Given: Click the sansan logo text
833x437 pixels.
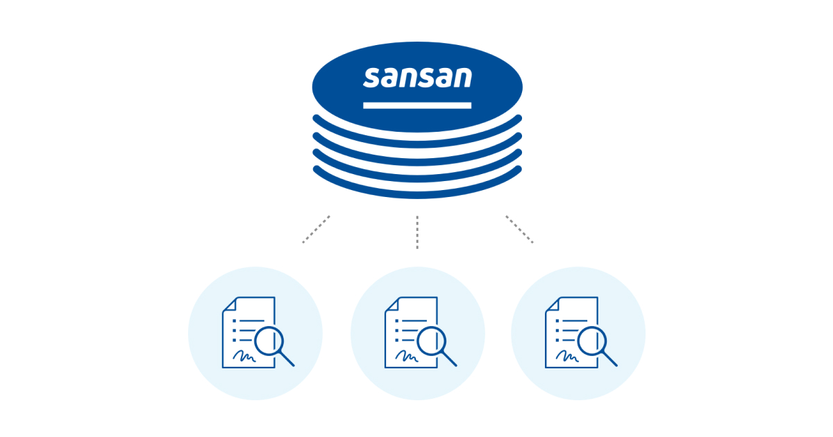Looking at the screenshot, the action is (417, 78).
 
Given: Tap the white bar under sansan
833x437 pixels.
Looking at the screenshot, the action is (417, 105).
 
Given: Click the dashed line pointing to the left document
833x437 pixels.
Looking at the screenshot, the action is (316, 230).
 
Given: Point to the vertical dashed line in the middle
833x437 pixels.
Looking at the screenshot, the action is (417, 232).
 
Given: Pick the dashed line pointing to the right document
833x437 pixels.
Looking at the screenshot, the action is (519, 230).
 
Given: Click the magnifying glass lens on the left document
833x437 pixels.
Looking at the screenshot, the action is (269, 341).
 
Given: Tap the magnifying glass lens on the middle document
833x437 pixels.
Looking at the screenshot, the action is (431, 341).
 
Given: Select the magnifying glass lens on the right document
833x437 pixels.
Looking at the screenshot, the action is (592, 341).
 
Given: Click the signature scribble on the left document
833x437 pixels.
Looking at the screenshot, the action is (244, 356).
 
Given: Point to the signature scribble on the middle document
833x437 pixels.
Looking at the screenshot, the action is (407, 356).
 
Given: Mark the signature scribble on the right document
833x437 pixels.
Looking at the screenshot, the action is (567, 356).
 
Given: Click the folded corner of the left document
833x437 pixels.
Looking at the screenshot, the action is (230, 304).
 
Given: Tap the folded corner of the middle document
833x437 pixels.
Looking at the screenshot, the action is (392, 304).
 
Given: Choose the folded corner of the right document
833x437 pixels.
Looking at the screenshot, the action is (553, 304).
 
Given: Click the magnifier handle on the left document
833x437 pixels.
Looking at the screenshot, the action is (287, 359).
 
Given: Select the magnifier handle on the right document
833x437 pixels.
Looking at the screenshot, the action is (609, 359).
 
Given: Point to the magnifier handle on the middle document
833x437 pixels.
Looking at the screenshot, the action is (449, 359).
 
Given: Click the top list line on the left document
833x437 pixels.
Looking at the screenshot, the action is (252, 320).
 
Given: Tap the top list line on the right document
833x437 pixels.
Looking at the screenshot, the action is (575, 320).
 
